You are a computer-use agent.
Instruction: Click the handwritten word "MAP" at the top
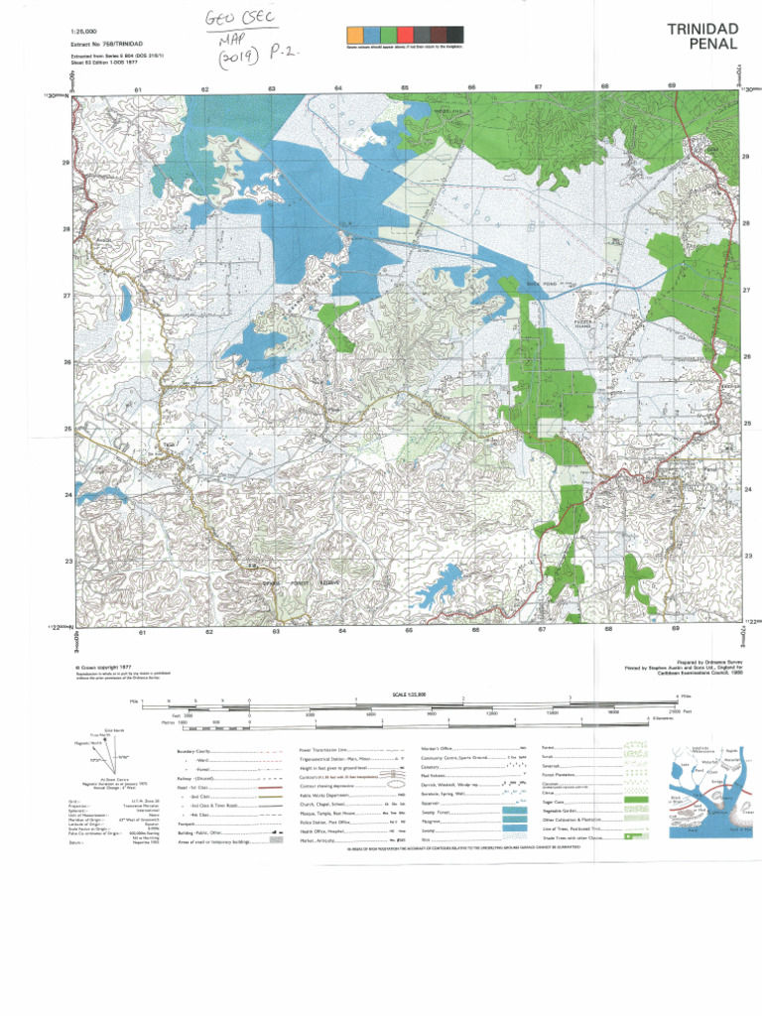tap(232, 38)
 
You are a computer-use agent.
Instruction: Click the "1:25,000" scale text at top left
tap(85, 33)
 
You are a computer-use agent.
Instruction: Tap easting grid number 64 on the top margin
tap(338, 89)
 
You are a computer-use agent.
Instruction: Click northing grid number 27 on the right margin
tap(745, 291)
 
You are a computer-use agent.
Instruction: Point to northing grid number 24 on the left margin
tap(66, 494)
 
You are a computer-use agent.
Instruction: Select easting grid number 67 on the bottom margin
tap(542, 630)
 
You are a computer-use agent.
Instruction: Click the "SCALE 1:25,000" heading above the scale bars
tap(408, 694)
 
